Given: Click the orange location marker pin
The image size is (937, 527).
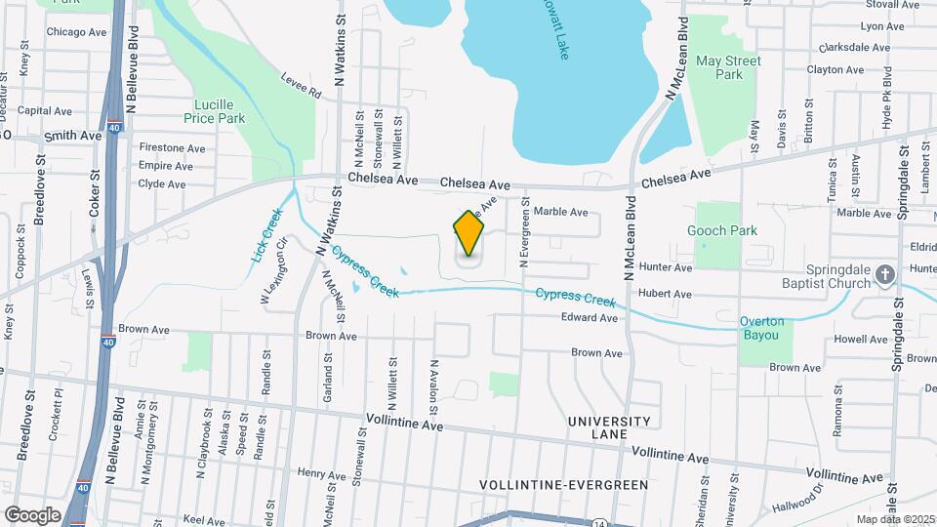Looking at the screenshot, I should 469,233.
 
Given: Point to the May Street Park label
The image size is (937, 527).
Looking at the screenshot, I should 728,67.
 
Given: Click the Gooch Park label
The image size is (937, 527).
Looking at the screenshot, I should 722,231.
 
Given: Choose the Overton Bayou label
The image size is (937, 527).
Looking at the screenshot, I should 761,328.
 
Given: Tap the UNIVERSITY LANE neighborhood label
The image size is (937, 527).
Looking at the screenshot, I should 609,427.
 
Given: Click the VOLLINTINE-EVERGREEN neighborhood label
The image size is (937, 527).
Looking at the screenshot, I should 564,484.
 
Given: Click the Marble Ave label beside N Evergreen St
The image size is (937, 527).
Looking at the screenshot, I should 561,212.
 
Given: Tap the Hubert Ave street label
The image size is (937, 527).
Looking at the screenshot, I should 665,294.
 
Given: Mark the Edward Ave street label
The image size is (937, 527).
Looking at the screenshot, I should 590,318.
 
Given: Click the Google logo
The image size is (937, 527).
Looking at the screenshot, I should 32,515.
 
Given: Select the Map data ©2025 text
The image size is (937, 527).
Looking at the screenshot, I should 894,519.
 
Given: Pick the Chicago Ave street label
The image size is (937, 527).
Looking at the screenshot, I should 76,32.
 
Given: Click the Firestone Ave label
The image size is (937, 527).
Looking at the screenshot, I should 172,148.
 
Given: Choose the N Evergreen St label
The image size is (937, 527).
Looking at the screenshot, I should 524,235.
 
